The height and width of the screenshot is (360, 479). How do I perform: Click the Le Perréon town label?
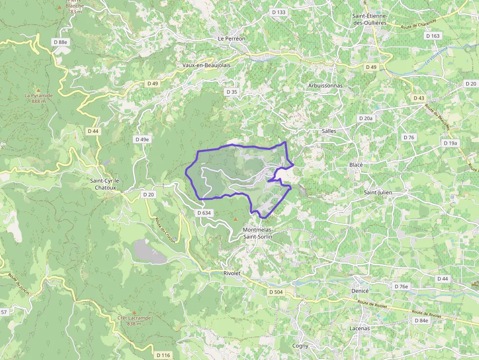tap(232, 38)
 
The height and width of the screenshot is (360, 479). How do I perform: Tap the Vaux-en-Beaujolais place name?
tap(206, 65)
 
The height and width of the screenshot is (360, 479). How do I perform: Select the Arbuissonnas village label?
tap(326, 85)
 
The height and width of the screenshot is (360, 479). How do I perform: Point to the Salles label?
tap(329, 131)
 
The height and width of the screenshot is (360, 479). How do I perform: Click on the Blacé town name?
tap(356, 165)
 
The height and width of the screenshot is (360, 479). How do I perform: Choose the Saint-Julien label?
tap(378, 192)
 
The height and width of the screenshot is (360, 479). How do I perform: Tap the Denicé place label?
tap(359, 291)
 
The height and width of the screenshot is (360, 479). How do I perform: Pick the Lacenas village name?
tap(360, 328)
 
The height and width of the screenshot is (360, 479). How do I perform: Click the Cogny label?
tap(300, 346)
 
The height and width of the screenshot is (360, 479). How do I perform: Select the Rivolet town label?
tap(232, 274)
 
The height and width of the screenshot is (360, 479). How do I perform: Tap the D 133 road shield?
tap(278, 12)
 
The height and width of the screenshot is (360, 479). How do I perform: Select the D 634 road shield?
tap(204, 213)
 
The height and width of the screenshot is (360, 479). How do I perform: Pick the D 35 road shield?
tap(232, 92)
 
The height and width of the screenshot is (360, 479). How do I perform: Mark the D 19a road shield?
tap(451, 143)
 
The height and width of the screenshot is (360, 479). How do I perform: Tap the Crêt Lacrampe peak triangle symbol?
tap(134, 312)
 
